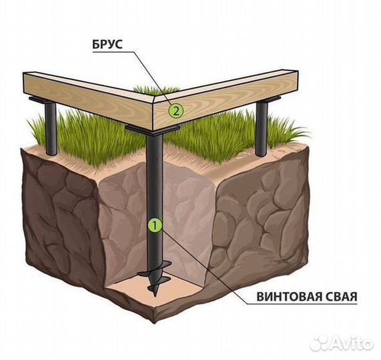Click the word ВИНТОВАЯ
[287, 297]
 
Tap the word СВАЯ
[340, 297]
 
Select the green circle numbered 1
[155, 225]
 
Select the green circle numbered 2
[176, 111]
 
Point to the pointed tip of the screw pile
[155, 296]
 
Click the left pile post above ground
[51, 129]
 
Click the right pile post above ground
[262, 128]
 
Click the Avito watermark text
[352, 343]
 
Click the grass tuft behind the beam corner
[155, 90]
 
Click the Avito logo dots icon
[320, 343]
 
